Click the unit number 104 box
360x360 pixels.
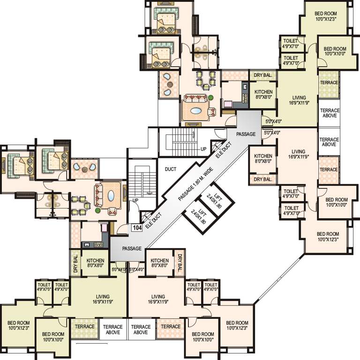click(137, 228)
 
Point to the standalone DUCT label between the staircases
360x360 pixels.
click(171, 169)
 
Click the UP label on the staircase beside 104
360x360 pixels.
click(135, 201)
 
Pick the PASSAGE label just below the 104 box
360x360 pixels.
click(132, 248)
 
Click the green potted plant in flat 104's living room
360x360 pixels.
click(98, 210)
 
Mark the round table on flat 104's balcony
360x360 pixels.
click(84, 168)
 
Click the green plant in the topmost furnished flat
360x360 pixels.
click(211, 97)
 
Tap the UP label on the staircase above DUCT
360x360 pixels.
click(203, 149)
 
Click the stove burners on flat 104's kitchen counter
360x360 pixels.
click(87, 244)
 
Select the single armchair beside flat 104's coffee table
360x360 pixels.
click(113, 210)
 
